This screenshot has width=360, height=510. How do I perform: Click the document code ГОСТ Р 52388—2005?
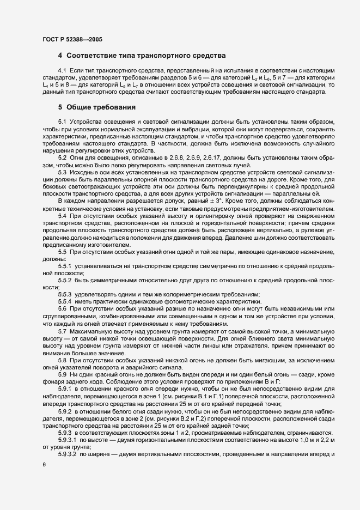[x=72, y=39]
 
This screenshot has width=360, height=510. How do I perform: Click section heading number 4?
[x=60, y=57]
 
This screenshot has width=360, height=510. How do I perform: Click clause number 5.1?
[x=62, y=121]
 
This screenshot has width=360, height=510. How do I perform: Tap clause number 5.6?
[x=62, y=308]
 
